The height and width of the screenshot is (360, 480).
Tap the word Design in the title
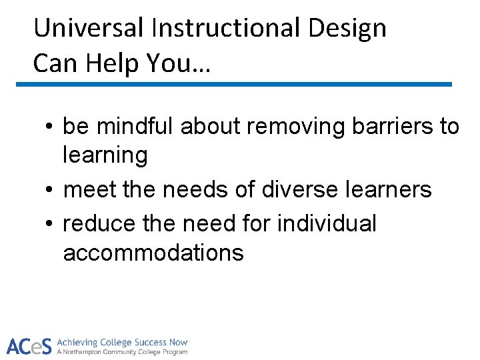click(355, 28)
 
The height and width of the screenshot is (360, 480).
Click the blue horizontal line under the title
click(233, 85)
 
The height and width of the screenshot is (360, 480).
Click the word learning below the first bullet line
click(105, 155)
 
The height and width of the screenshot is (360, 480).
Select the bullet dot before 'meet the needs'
click(51, 190)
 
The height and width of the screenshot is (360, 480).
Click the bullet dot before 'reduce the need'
click(51, 224)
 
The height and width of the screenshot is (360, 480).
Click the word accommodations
click(153, 253)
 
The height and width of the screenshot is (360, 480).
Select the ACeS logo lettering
click(29, 346)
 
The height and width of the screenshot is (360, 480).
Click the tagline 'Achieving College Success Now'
click(122, 342)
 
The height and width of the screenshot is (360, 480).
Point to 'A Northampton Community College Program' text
click(122, 352)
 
